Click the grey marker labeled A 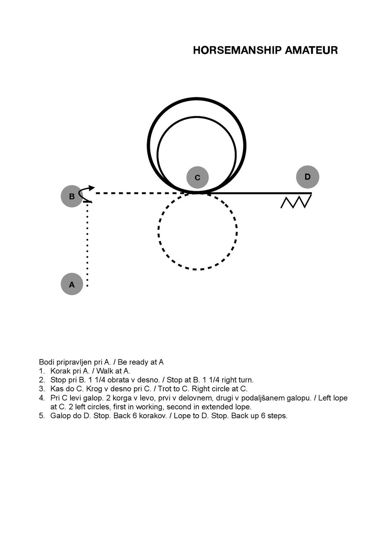pos(72,284)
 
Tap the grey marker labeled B pos(72,196)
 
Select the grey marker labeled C pos(197,177)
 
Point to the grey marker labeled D pos(307,177)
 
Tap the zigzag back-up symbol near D pos(296,201)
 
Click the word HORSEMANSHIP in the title pos(237,50)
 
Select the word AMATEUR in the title pos(312,50)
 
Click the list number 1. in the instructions pos(42,371)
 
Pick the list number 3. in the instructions pos(42,388)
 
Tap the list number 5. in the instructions pos(42,416)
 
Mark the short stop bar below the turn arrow pos(87,202)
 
